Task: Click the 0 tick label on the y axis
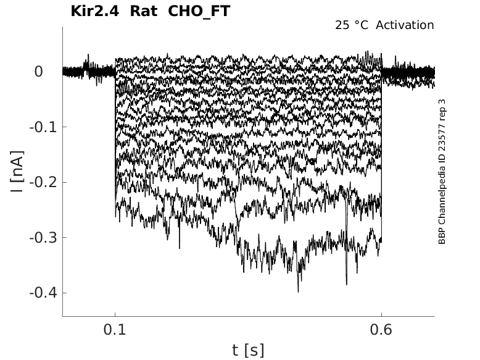point(38,72)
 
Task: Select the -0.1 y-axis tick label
point(43,127)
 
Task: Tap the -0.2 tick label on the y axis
point(43,182)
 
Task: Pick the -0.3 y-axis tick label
point(43,238)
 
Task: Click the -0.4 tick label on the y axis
point(43,293)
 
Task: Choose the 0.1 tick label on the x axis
point(115,330)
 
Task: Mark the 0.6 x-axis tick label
point(381,330)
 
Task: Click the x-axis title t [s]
point(248,351)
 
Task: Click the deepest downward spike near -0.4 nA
point(298,290)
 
